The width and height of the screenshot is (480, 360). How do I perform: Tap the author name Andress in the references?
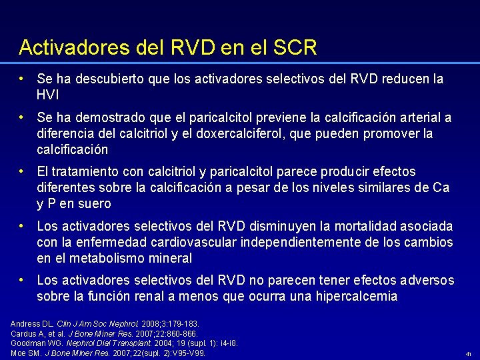coord(24,323)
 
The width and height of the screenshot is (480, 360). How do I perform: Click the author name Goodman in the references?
coord(27,343)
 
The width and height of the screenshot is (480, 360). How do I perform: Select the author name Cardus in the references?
coord(23,333)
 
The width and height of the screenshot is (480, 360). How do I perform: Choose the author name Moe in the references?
coord(18,353)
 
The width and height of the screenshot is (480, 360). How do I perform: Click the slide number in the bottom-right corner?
coord(469,354)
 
